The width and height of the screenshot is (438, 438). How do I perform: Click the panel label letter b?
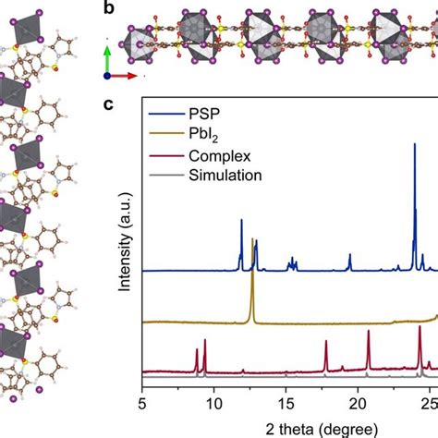coord(109,10)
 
